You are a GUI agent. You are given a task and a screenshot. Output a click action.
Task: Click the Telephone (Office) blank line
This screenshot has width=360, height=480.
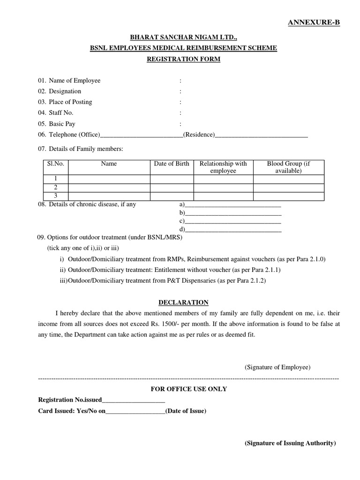coord(142,135)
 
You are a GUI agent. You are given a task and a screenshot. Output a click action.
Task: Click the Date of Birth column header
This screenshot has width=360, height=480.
coord(172,164)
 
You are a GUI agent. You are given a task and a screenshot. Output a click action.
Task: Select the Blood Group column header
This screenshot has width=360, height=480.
coord(288,167)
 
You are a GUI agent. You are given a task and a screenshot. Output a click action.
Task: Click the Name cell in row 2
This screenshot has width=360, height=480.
coord(109,187)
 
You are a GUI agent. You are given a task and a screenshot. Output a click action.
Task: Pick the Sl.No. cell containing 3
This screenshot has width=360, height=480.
coord(55,196)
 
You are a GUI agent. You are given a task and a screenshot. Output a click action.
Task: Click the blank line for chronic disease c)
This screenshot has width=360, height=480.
coord(233,221)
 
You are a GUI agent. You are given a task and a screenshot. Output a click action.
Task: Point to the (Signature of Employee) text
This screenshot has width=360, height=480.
coord(277,367)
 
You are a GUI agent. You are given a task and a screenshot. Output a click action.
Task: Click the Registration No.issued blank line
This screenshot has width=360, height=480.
coord(133,400)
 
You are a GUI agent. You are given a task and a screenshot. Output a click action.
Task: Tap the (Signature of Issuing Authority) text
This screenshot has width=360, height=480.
coord(290,443)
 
